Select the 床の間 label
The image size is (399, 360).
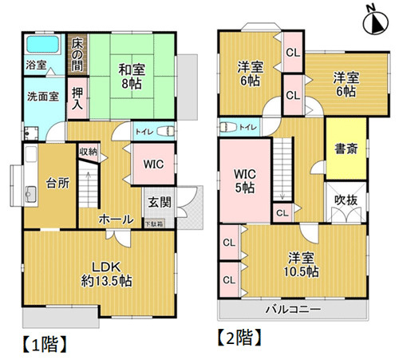pos(78,49)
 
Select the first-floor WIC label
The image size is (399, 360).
pos(153,164)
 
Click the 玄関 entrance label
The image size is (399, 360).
pos(156,201)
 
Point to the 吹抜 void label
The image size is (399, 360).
pos(345,198)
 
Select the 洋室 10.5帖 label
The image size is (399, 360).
pos(303,264)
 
